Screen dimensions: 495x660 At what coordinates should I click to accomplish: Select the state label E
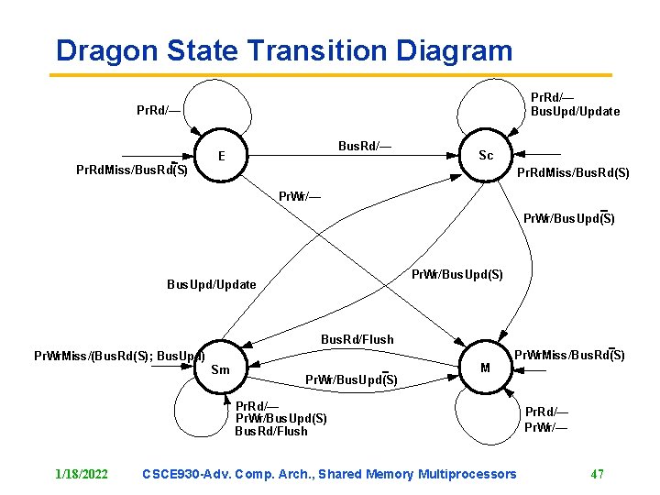(x=222, y=156)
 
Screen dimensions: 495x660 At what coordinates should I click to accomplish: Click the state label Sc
(x=486, y=155)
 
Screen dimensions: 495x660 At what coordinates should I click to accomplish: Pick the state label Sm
(x=221, y=369)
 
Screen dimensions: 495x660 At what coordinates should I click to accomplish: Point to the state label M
(x=485, y=367)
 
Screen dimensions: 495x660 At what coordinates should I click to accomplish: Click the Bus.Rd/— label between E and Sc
(x=365, y=147)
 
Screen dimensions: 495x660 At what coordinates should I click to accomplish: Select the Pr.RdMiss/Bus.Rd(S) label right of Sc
(x=573, y=172)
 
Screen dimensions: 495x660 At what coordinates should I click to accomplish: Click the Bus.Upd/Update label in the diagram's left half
(x=211, y=284)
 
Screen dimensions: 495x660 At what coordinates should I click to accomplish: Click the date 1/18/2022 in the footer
(x=82, y=474)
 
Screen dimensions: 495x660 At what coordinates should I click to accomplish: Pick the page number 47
(x=597, y=474)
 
